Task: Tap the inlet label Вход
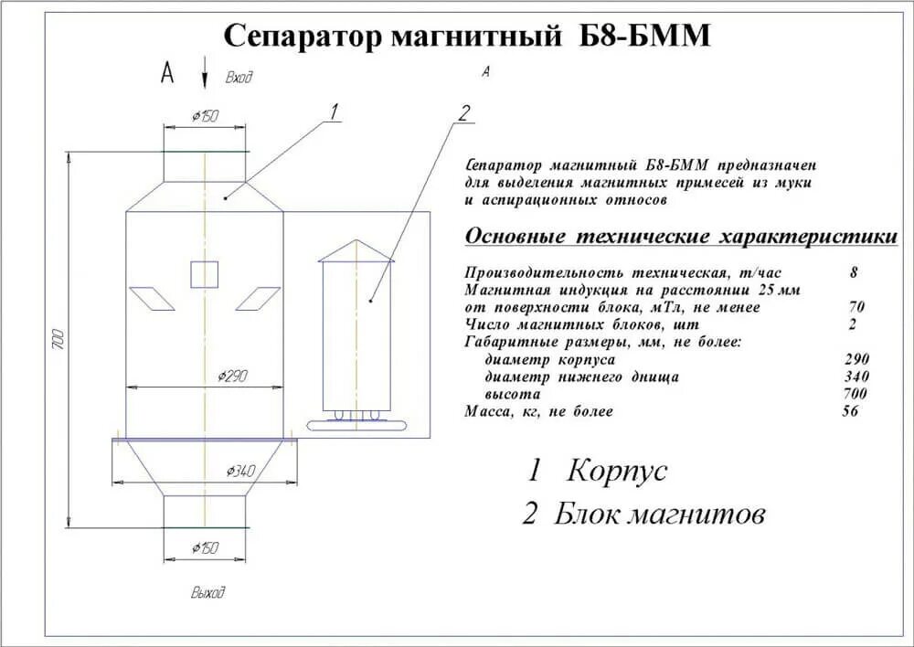239,78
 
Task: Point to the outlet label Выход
207,593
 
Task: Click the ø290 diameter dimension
236,376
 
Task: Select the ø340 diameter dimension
240,471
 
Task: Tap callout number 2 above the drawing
463,114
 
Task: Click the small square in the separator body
205,274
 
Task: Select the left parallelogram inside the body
152,298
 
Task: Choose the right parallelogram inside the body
258,298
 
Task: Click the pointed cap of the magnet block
356,250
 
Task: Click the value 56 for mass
851,411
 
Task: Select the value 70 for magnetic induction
856,307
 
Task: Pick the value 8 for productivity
854,272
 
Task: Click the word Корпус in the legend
617,472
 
